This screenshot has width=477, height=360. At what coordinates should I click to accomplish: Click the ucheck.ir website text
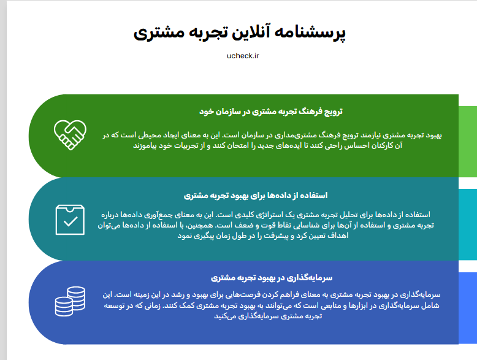[243, 56]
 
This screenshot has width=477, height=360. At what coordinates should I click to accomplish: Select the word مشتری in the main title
[159, 34]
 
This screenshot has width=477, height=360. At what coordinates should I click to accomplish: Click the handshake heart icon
[70, 135]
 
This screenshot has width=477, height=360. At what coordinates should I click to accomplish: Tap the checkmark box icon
[70, 220]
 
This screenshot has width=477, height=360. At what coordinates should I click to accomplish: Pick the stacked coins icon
[70, 301]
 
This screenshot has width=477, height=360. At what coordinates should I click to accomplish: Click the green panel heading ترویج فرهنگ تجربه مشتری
[271, 112]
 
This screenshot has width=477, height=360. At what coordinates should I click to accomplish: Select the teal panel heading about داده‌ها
[256, 195]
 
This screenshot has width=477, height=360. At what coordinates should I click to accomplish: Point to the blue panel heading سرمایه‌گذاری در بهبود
[272, 278]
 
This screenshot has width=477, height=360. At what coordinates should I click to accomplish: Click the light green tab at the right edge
[468, 141]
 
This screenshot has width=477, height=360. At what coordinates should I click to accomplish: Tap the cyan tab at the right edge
[468, 224]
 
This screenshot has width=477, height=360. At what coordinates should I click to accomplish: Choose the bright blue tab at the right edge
[468, 308]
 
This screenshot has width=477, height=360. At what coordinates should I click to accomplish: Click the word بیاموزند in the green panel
[145, 146]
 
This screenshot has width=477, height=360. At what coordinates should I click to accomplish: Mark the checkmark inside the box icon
[71, 221]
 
